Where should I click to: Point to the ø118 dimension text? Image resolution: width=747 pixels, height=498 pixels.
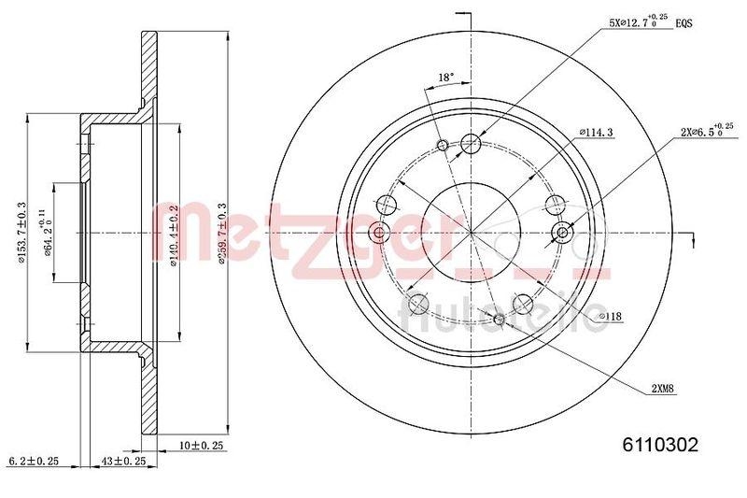point(610,318)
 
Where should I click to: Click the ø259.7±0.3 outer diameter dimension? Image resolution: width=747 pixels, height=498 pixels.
point(222,234)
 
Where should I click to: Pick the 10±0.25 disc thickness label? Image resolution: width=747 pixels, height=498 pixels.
point(202,446)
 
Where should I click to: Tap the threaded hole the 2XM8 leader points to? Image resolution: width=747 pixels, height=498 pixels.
point(499,320)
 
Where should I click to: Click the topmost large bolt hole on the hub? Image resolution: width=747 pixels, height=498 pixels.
point(471,143)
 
